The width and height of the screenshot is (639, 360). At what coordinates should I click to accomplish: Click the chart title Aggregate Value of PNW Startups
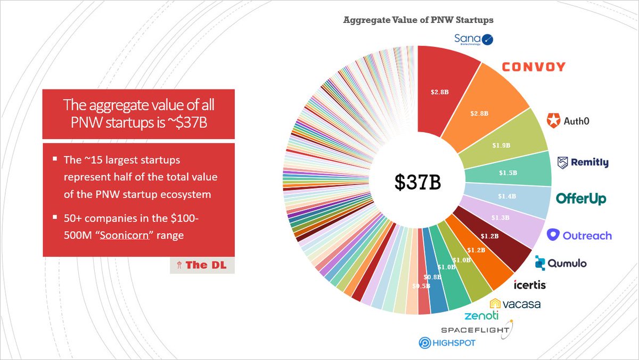(418, 20)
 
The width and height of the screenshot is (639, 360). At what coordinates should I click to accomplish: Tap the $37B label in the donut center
(418, 182)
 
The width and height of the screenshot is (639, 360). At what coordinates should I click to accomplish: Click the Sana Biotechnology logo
(474, 39)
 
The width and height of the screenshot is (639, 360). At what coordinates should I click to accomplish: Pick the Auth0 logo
(568, 121)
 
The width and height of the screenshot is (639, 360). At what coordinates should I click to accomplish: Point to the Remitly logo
(583, 162)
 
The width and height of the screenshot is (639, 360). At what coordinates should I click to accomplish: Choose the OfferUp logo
(581, 199)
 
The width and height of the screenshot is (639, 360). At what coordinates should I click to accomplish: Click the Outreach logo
(579, 235)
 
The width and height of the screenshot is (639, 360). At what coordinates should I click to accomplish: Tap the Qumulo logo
(561, 262)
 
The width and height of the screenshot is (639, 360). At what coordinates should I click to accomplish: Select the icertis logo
(529, 285)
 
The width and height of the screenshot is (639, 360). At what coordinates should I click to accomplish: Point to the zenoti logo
(481, 316)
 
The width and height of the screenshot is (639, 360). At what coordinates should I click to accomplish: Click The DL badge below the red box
(202, 266)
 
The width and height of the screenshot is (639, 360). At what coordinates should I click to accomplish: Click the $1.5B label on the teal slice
(505, 173)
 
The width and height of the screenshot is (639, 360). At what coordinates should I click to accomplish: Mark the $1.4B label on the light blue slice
(507, 197)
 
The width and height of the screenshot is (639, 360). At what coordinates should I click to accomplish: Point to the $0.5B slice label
(421, 286)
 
